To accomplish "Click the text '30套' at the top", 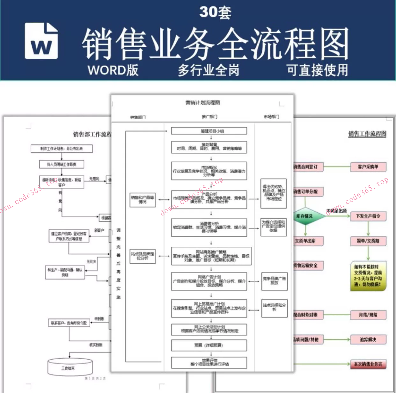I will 215,12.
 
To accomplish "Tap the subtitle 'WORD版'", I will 113,70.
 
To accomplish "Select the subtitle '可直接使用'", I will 317,70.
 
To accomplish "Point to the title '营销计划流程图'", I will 203,103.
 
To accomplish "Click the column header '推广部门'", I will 209,117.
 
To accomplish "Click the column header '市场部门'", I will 271,117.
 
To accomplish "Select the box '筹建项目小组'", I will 209,131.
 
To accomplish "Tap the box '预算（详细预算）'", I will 209,345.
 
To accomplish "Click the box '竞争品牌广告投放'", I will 274,281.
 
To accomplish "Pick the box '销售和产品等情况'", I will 142,200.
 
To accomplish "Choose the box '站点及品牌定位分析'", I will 143,256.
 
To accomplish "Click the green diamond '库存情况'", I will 305,216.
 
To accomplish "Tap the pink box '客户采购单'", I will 368,167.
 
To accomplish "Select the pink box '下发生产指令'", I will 368,216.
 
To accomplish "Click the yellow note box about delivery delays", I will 368,276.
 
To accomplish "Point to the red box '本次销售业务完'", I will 368,364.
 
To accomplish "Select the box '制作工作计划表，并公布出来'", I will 62,149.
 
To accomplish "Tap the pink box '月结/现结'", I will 368,315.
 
